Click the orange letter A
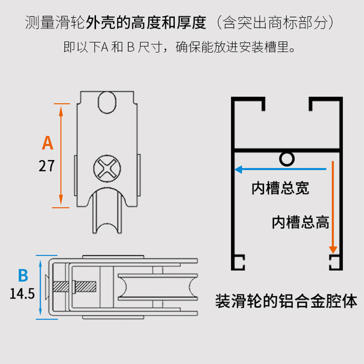[x=48, y=142]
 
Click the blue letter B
[x=23, y=276]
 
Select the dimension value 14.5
[x=22, y=293]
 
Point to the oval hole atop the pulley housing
[x=108, y=101]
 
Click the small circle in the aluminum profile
[x=286, y=158]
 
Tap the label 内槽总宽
[x=281, y=188]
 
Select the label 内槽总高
[x=300, y=222]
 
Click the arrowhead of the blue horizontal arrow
[x=238, y=170]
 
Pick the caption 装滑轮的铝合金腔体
[x=286, y=301]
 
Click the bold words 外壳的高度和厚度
[x=147, y=22]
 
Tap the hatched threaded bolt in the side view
[x=76, y=287]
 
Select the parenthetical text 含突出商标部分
[x=277, y=22]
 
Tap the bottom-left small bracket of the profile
[x=239, y=263]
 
